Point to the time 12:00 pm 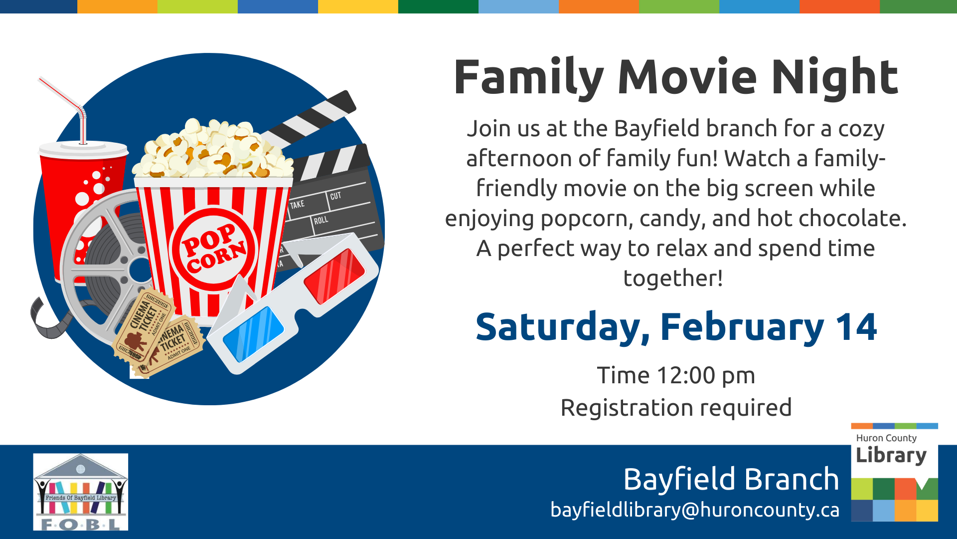click(706, 376)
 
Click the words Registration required click(676, 408)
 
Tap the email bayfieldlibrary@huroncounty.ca click(695, 510)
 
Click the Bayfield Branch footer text click(731, 479)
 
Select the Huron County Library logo click(894, 472)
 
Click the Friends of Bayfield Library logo click(81, 492)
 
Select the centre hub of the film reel click(140, 270)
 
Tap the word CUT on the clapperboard click(335, 196)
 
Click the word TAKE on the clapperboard click(297, 205)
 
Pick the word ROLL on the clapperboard click(321, 220)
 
